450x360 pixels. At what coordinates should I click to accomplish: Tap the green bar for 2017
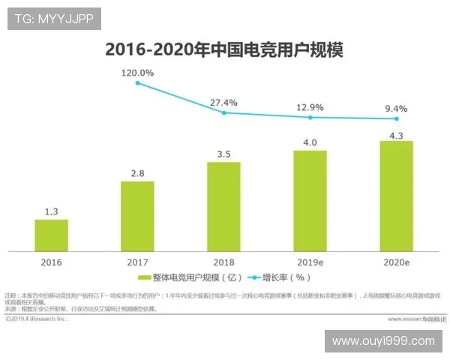point(137,216)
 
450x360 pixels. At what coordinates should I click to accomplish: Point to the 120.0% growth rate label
point(138,73)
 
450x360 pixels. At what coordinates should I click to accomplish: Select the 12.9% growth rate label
point(310,107)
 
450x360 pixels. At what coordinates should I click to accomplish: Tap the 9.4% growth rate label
point(396,109)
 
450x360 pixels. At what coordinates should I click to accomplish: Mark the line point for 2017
point(138,82)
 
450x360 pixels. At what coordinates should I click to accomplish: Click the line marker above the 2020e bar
point(397,118)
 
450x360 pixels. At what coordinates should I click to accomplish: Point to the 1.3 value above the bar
point(51,211)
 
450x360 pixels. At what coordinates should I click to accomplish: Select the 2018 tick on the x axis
point(223,262)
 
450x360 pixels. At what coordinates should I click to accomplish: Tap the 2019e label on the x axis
point(310,262)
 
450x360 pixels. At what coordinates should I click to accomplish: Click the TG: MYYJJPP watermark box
point(54,19)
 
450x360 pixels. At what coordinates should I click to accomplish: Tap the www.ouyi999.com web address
point(383,341)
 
